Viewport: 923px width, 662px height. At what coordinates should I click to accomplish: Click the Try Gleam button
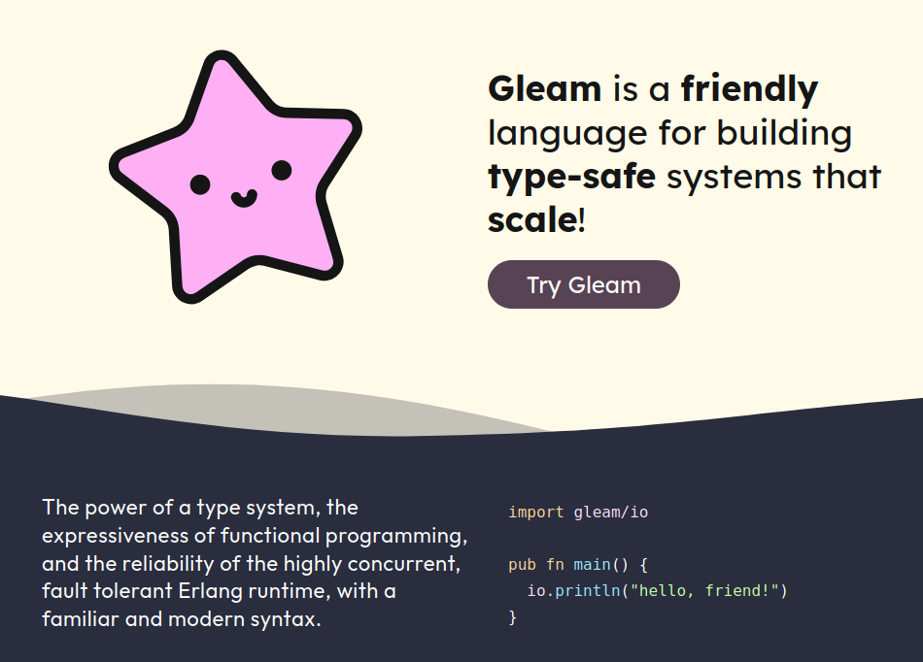[583, 284]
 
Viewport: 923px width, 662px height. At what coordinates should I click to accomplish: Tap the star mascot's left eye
[200, 184]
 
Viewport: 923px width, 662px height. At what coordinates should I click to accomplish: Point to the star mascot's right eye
[282, 170]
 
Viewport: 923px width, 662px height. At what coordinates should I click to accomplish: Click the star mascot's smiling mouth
[244, 198]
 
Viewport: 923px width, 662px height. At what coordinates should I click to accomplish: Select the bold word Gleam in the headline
[544, 88]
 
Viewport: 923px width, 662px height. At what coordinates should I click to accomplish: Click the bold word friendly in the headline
[749, 88]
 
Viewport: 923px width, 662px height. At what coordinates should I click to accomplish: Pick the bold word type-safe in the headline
[571, 177]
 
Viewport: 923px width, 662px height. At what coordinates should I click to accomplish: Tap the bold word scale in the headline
[532, 220]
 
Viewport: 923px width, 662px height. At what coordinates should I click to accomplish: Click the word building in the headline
[784, 133]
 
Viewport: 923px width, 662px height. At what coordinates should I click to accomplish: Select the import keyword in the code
[536, 513]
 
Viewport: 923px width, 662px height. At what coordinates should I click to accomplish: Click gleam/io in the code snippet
[611, 513]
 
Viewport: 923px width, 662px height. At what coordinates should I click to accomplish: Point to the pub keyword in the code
[522, 565]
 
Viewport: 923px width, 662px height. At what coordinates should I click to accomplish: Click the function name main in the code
[593, 565]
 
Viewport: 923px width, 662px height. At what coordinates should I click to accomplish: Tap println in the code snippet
[588, 591]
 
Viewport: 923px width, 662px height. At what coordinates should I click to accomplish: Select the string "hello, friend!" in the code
[704, 591]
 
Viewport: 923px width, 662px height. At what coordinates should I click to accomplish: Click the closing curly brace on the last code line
[513, 617]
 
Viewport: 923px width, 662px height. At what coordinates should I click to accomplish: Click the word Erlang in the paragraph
[210, 591]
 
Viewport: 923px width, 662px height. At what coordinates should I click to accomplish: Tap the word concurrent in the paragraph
[404, 564]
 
